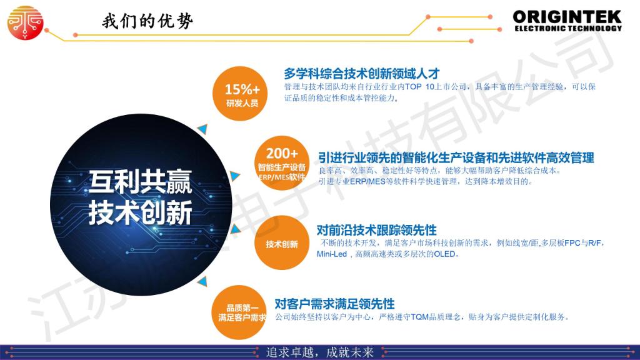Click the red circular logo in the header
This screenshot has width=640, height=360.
point(25,23)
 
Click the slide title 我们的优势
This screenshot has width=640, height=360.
point(147,21)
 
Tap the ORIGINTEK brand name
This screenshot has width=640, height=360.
point(567,17)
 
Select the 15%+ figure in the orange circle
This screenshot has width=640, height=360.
point(242,89)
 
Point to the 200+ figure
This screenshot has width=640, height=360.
point(282,154)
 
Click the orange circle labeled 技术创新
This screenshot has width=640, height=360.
point(282,243)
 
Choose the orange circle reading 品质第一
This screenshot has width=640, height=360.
point(239,312)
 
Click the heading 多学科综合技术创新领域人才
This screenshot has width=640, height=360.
point(362,74)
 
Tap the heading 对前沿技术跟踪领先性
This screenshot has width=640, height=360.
point(377,230)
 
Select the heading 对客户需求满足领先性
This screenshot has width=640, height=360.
point(335,304)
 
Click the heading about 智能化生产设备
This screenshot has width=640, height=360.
point(456,157)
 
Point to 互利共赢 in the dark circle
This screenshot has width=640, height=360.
point(141,182)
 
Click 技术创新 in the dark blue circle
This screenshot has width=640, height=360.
point(141,212)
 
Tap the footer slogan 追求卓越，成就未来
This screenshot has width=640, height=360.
point(320,352)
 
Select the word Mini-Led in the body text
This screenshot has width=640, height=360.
point(332,254)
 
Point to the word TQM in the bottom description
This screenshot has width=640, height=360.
point(419,317)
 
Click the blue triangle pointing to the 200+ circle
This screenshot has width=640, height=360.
point(235,176)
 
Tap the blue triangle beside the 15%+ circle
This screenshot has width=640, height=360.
point(203,129)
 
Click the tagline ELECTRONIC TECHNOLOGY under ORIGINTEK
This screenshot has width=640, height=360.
point(568,29)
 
